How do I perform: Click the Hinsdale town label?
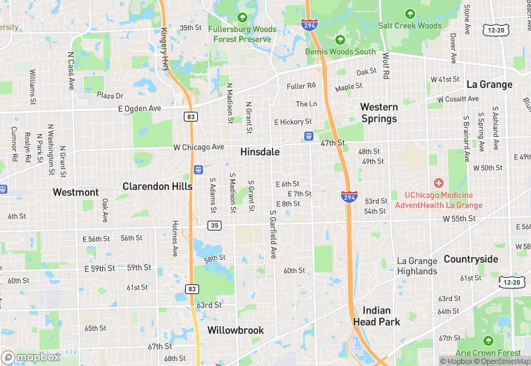(260, 152)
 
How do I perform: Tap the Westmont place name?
(75, 192)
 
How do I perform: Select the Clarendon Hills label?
(157, 186)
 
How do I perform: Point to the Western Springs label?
(379, 112)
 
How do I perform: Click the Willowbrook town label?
(234, 330)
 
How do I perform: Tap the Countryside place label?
(471, 259)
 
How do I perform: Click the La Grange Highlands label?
(417, 266)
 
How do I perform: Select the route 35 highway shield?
(214, 226)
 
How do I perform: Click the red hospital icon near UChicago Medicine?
(439, 183)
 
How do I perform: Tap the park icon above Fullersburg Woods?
(242, 17)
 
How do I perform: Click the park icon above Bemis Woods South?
(340, 39)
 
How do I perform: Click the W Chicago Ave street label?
(198, 147)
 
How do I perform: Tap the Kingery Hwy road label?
(166, 49)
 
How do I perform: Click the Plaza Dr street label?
(110, 96)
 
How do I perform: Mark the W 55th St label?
(459, 219)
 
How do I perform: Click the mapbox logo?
(31, 357)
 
